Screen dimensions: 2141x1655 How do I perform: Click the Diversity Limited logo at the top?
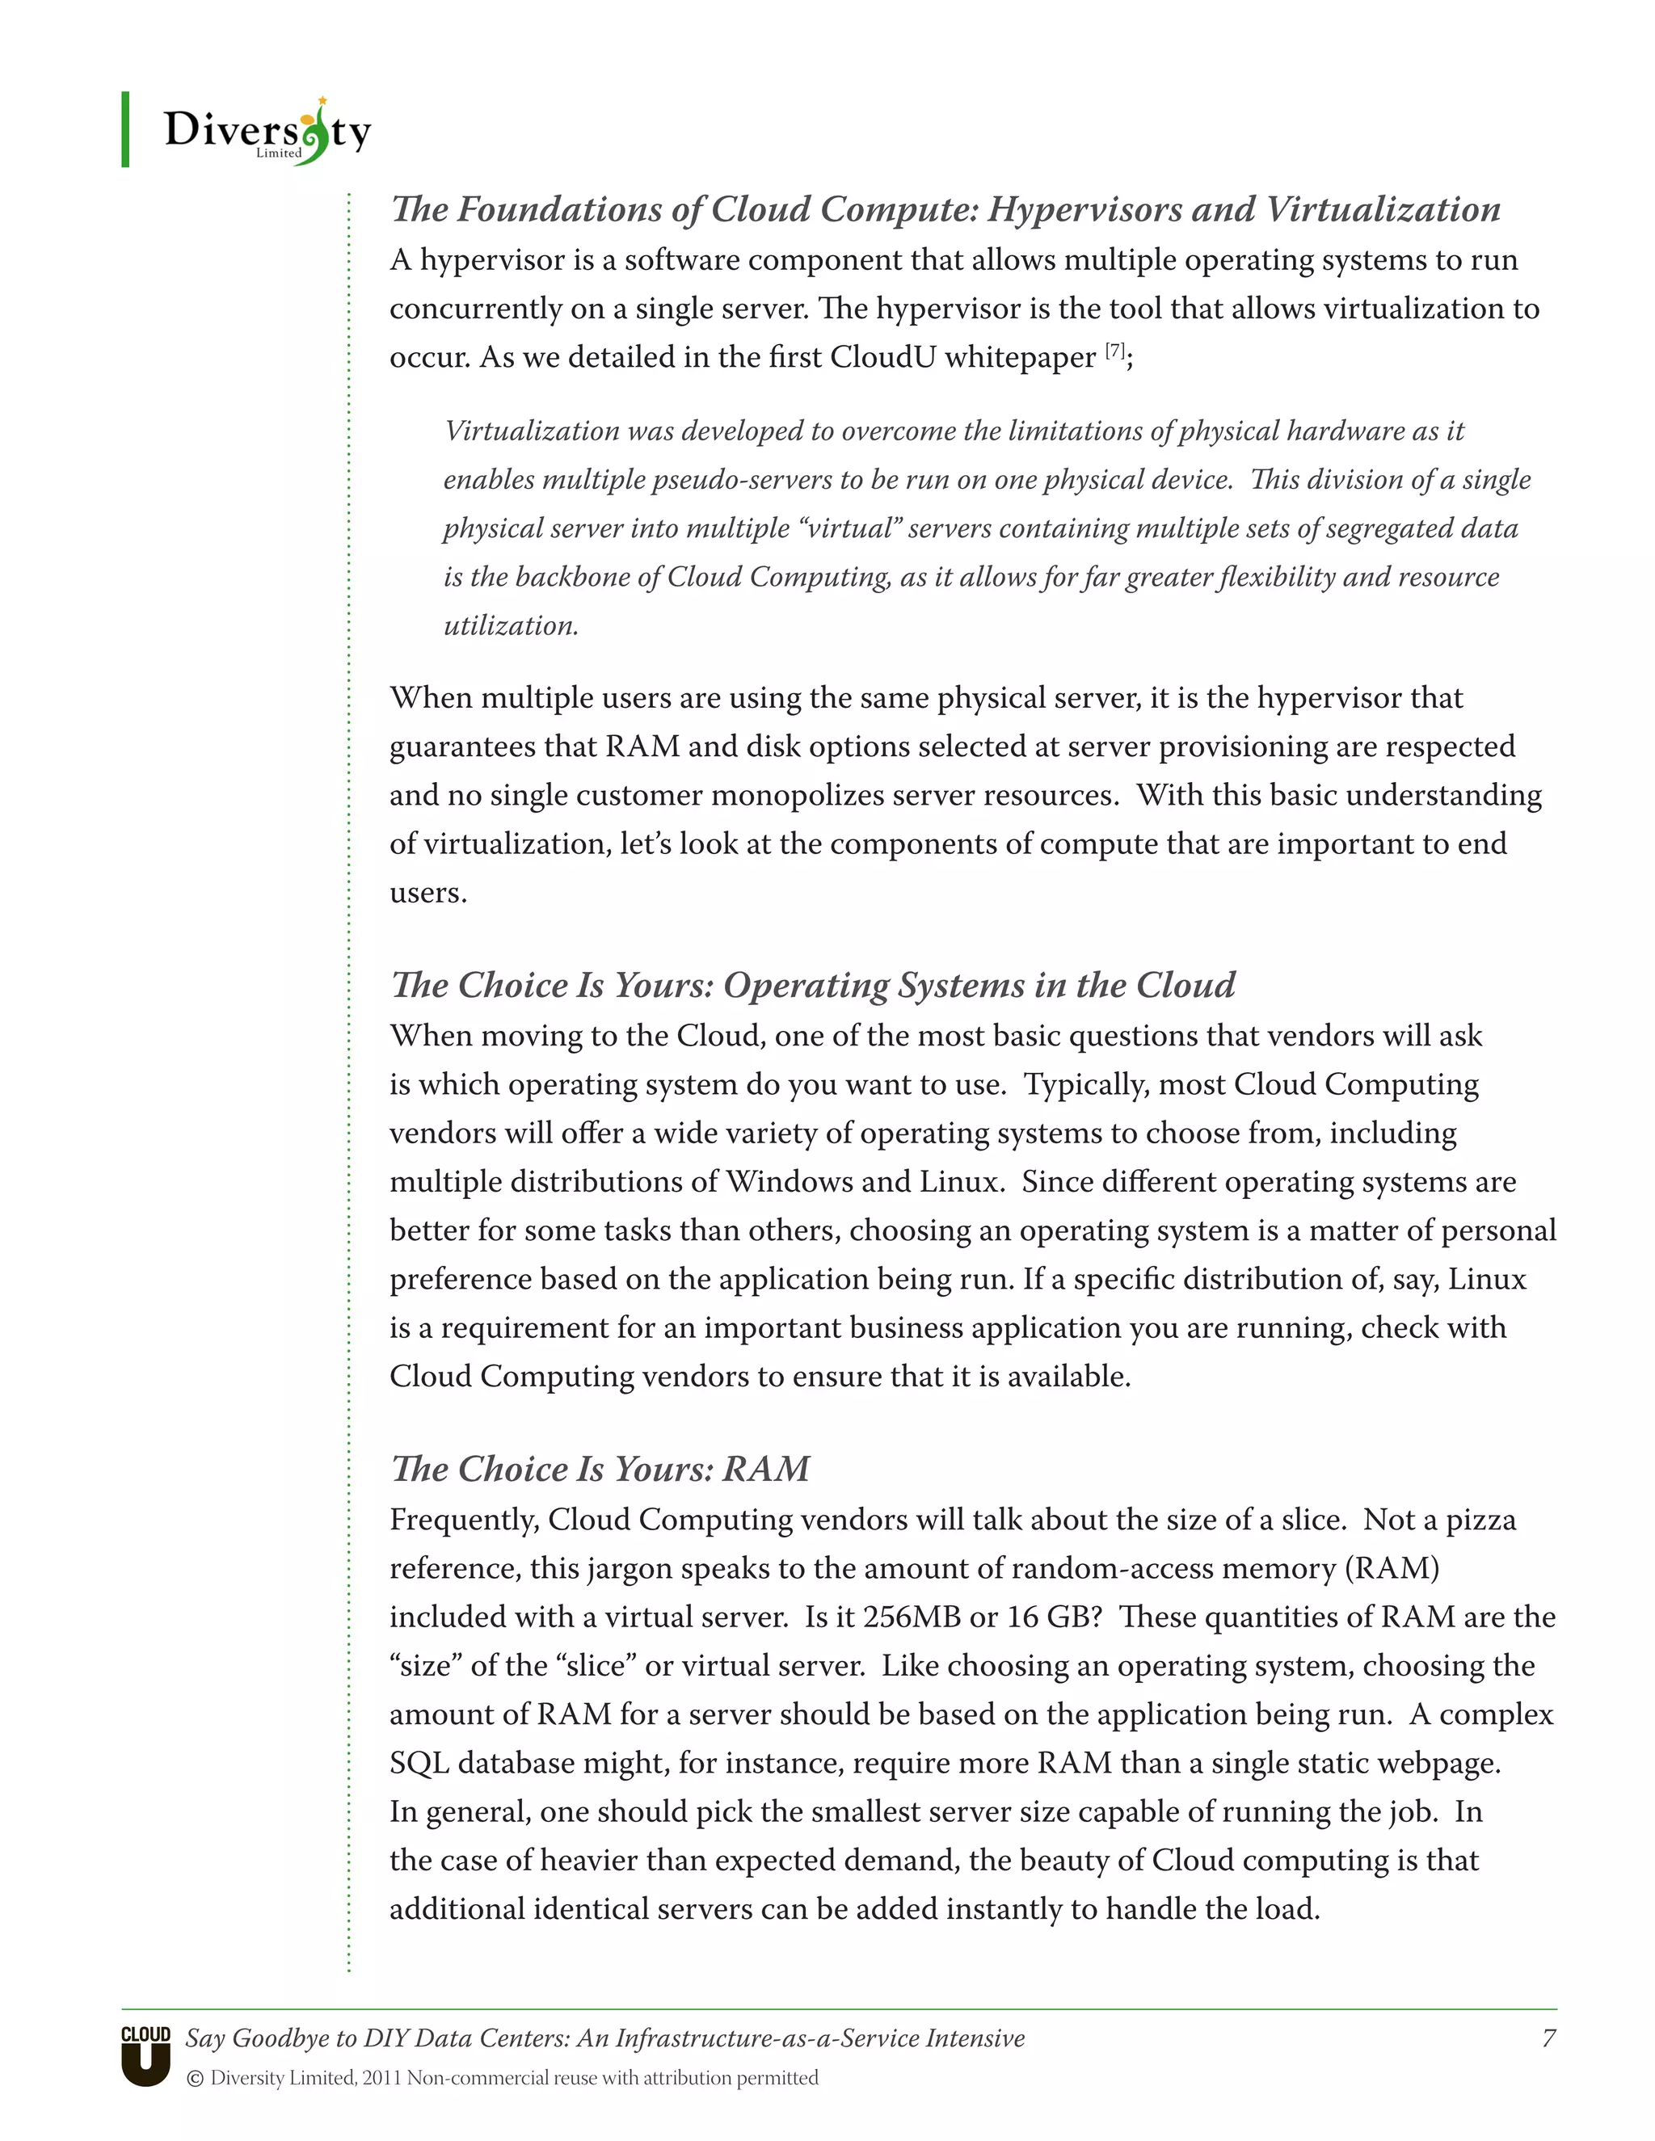click(267, 132)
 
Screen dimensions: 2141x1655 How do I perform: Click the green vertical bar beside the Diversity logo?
click(125, 129)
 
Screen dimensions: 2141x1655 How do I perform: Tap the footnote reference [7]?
click(1114, 351)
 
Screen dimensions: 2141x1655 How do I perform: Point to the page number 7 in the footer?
click(1548, 2038)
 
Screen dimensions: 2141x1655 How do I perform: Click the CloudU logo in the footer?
click(146, 2055)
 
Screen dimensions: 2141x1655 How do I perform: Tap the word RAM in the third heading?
click(766, 1469)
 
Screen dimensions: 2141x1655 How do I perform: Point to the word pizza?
click(1480, 1520)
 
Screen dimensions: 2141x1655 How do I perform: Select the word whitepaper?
click(1020, 357)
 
